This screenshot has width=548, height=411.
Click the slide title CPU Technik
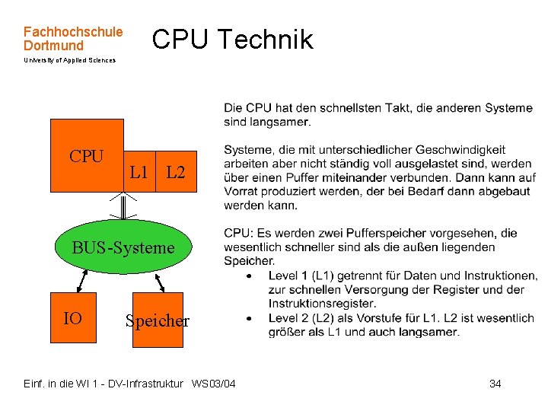coord(232,40)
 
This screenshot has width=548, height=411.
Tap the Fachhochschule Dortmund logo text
coord(72,39)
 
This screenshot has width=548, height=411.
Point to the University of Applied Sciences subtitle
coord(69,60)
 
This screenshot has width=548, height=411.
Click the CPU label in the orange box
coord(86,157)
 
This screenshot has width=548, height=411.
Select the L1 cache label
coord(139,173)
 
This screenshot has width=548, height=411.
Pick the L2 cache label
coord(175,173)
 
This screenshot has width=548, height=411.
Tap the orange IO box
coord(74,318)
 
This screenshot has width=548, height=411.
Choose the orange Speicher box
coord(158,320)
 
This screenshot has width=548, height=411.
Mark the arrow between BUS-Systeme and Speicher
coord(158,282)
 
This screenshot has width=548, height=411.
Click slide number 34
coord(495,384)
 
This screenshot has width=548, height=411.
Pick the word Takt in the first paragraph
coord(398,108)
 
